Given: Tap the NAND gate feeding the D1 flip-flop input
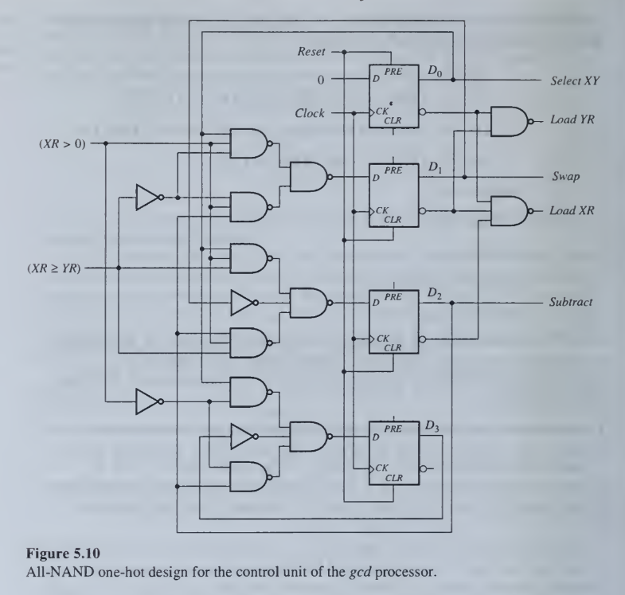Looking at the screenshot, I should coord(308,177).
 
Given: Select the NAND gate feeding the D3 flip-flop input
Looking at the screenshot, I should coord(308,436).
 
